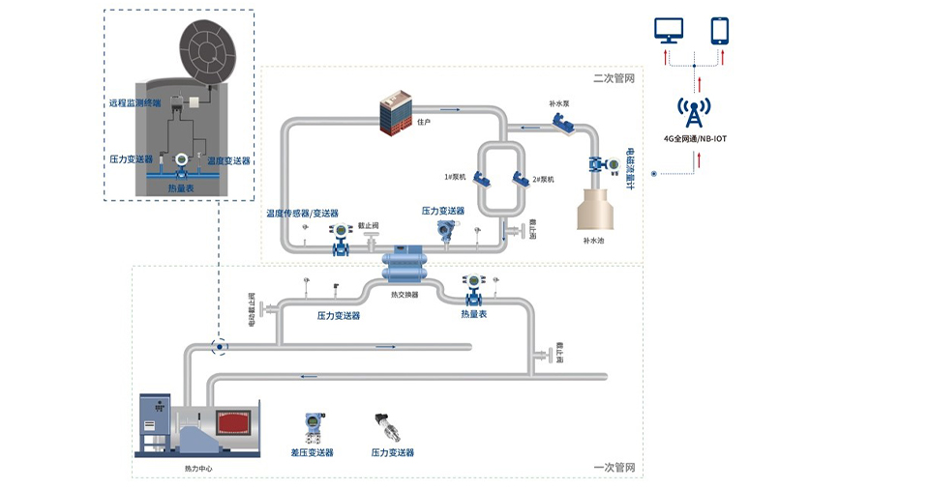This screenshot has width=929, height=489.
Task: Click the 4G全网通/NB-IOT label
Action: (x=695, y=138)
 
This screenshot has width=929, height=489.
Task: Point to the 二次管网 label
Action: (x=614, y=77)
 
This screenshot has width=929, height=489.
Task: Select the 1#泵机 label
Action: (x=456, y=177)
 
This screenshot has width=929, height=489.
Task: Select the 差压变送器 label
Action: (x=312, y=452)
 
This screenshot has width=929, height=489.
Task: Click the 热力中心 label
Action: (x=198, y=469)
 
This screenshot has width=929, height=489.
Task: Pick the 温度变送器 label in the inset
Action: (x=228, y=160)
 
